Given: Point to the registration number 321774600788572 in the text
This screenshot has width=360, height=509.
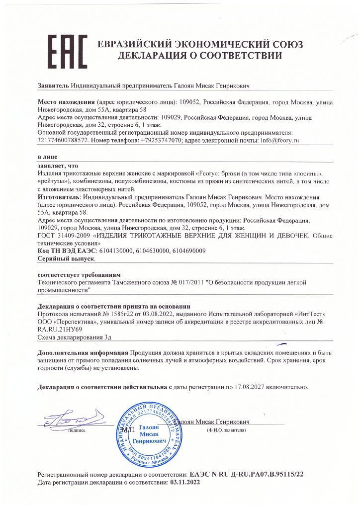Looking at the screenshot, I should pos(63,141).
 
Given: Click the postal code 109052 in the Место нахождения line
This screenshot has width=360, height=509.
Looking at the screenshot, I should pos(189,102).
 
